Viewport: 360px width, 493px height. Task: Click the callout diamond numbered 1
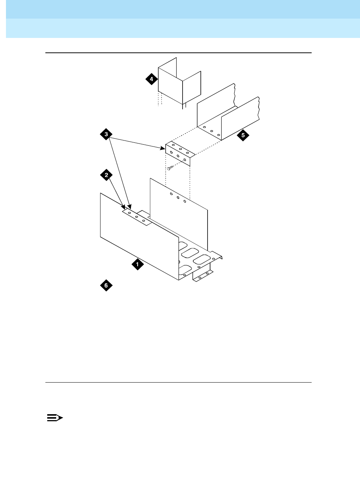137,264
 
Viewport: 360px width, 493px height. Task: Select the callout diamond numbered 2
106,175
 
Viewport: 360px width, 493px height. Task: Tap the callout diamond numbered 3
106,134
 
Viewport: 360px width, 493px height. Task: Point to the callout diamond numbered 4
151,79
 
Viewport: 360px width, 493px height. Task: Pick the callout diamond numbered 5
243,135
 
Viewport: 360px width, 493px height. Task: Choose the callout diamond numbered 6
106,286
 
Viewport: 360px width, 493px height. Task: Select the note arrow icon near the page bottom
55,418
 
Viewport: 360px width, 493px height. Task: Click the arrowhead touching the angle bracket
164,148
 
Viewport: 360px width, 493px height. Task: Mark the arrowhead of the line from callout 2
124,209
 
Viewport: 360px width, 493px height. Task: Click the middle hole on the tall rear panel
178,198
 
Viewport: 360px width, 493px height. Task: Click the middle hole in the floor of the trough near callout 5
211,131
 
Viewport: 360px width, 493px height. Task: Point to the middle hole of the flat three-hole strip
136,216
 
